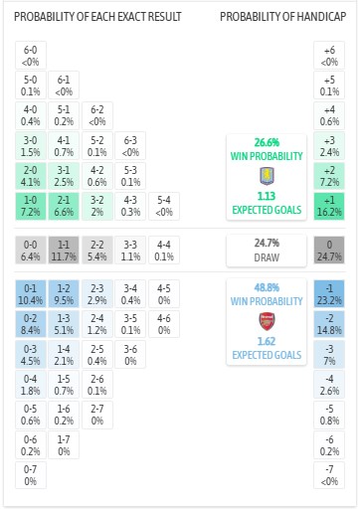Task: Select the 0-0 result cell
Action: click(30, 248)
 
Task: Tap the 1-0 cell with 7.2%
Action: click(30, 206)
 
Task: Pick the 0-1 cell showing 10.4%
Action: click(30, 293)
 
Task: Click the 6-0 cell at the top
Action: click(30, 55)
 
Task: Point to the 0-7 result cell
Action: click(30, 474)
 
